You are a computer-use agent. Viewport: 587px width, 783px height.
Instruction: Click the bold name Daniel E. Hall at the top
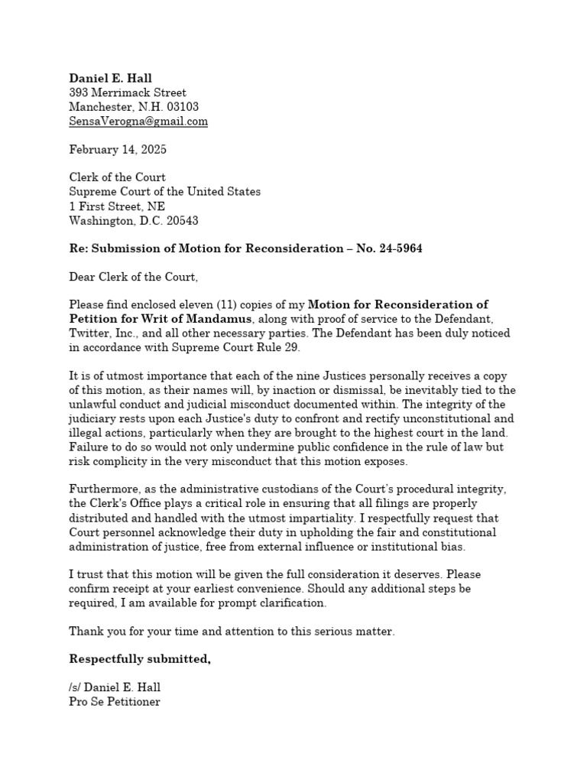pyautogui.click(x=110, y=78)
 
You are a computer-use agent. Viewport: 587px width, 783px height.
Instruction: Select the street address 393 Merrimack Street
pyautogui.click(x=128, y=93)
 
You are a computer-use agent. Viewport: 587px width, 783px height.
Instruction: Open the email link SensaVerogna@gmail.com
pyautogui.click(x=138, y=122)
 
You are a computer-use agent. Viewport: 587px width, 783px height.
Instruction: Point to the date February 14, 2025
pyautogui.click(x=117, y=149)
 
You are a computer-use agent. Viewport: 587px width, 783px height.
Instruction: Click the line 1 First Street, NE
pyautogui.click(x=116, y=206)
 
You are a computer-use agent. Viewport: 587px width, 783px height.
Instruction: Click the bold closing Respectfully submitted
pyautogui.click(x=140, y=659)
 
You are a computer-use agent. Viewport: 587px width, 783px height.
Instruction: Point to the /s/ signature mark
pyautogui.click(x=76, y=687)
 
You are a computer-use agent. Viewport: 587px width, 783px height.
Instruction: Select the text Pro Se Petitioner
pyautogui.click(x=115, y=701)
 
